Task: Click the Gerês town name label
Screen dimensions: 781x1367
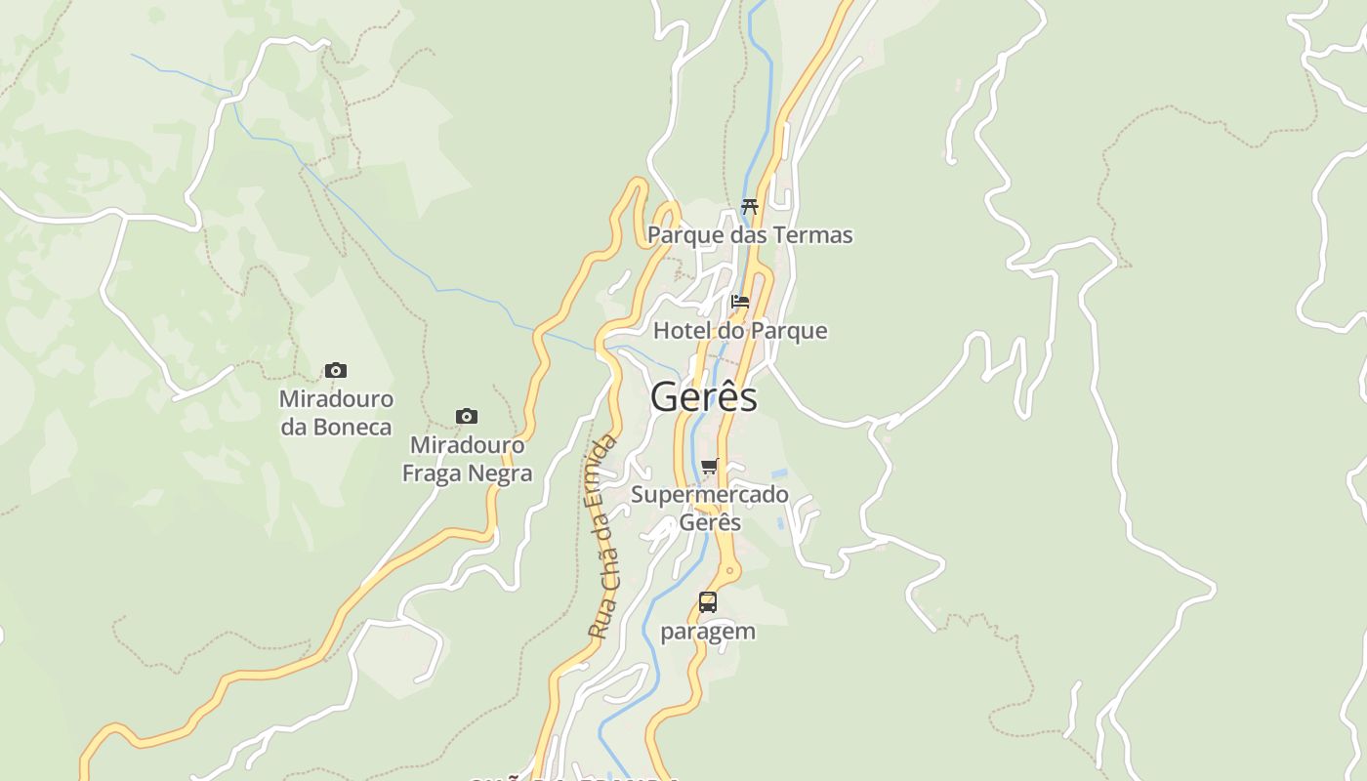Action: point(703,397)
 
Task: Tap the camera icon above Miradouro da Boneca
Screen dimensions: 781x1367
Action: point(336,371)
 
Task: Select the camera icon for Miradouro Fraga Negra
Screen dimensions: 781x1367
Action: point(467,417)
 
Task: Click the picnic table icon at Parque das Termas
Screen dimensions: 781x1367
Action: point(750,207)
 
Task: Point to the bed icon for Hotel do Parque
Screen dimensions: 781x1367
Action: point(740,302)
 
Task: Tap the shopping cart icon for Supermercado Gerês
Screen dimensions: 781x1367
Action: point(710,466)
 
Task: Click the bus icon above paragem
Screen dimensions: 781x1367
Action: point(708,602)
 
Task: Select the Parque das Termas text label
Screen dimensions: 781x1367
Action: point(750,235)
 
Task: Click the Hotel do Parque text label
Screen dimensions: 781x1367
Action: point(740,331)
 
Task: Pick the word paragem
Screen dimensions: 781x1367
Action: point(708,632)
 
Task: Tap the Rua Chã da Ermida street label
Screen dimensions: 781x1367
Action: point(603,537)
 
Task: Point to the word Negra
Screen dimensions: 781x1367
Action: point(500,473)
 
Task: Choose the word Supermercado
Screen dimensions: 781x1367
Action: point(710,494)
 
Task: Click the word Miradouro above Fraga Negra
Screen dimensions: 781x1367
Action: point(467,445)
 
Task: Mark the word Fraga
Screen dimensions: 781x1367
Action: point(432,473)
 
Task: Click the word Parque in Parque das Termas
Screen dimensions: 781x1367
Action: point(683,235)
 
